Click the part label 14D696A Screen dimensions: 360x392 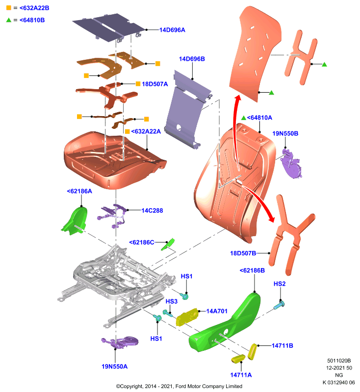pos(172,30)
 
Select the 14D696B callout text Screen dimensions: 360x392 pos(192,59)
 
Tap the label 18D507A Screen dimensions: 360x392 pos(154,84)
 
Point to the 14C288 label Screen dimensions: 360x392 pos(152,211)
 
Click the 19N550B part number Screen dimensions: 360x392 pos(285,133)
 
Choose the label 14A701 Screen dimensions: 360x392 pos(217,311)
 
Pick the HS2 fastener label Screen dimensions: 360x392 pos(280,284)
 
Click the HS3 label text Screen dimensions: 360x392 pos(171,301)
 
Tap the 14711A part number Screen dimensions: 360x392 pos(241,375)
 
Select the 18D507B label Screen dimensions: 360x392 pos(243,253)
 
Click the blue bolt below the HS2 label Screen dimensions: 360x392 pos(279,305)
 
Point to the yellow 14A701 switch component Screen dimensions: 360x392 pos(187,317)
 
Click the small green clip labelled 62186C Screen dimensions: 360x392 pos(168,244)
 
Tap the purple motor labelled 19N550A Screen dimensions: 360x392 pos(120,342)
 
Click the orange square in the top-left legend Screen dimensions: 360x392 pos(9,8)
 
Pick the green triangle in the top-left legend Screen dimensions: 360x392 pos(9,20)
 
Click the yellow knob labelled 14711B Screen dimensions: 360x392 pos(252,351)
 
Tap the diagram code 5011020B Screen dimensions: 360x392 pos(339,361)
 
